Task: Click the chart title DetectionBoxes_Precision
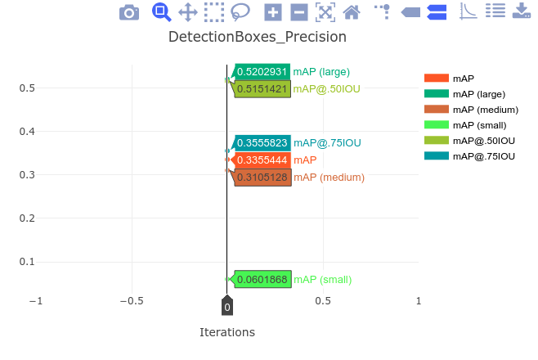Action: pos(257,37)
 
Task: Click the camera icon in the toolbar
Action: pos(129,12)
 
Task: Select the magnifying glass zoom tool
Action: pos(161,12)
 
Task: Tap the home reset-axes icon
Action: pos(352,12)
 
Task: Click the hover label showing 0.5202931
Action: pos(262,72)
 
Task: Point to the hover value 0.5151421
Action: pos(262,88)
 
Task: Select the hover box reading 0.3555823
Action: pos(262,143)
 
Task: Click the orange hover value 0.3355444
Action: pos(262,160)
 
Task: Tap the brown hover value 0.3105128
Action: pos(262,178)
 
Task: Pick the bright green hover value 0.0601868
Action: pos(262,280)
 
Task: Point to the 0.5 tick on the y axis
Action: pos(26,88)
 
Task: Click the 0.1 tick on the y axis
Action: pos(26,262)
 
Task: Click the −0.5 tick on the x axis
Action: pos(132,301)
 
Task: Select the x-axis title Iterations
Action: pos(227,332)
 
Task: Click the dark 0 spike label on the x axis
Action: pos(227,308)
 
